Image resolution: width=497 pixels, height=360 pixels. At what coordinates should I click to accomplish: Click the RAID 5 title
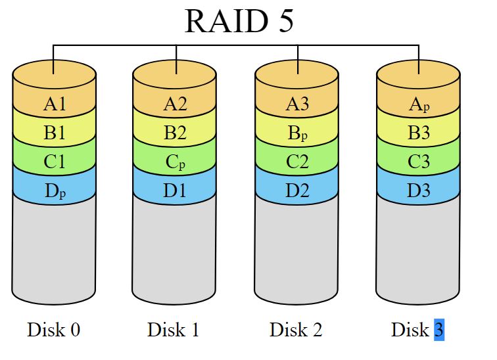[239, 21]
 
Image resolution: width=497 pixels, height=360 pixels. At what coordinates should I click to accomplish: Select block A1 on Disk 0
[55, 103]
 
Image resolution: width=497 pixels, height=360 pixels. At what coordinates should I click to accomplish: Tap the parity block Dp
[55, 192]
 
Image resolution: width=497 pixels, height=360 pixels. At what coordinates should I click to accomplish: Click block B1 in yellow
[55, 133]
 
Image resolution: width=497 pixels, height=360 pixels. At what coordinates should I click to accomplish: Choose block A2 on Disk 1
[175, 103]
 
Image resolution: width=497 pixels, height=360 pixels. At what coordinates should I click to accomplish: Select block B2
[175, 133]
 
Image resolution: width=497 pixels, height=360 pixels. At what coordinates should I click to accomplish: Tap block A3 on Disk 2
[297, 103]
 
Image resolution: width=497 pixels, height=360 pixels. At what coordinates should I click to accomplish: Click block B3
[418, 133]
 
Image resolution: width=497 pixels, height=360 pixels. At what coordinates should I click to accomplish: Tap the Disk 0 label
[54, 329]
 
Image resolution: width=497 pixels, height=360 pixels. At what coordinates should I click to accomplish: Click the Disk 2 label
[296, 329]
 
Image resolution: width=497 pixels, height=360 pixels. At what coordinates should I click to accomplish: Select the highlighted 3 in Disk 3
[439, 329]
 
